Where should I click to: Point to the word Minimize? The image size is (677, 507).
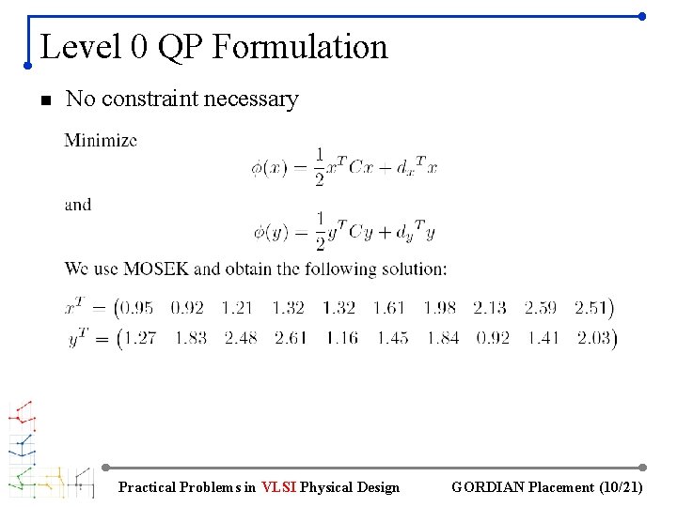[101, 141]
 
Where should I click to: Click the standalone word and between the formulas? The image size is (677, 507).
[78, 204]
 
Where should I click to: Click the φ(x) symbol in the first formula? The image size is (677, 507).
[269, 168]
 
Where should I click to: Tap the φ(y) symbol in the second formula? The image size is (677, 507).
[269, 231]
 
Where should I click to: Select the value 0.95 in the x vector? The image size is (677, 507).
[137, 307]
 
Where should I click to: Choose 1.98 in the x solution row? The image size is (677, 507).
[439, 307]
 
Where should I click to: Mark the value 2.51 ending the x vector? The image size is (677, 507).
[591, 307]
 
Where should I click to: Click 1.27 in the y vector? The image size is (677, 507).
[139, 338]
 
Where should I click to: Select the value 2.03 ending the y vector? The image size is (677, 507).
[592, 338]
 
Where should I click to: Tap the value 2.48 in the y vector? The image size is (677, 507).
[240, 338]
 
